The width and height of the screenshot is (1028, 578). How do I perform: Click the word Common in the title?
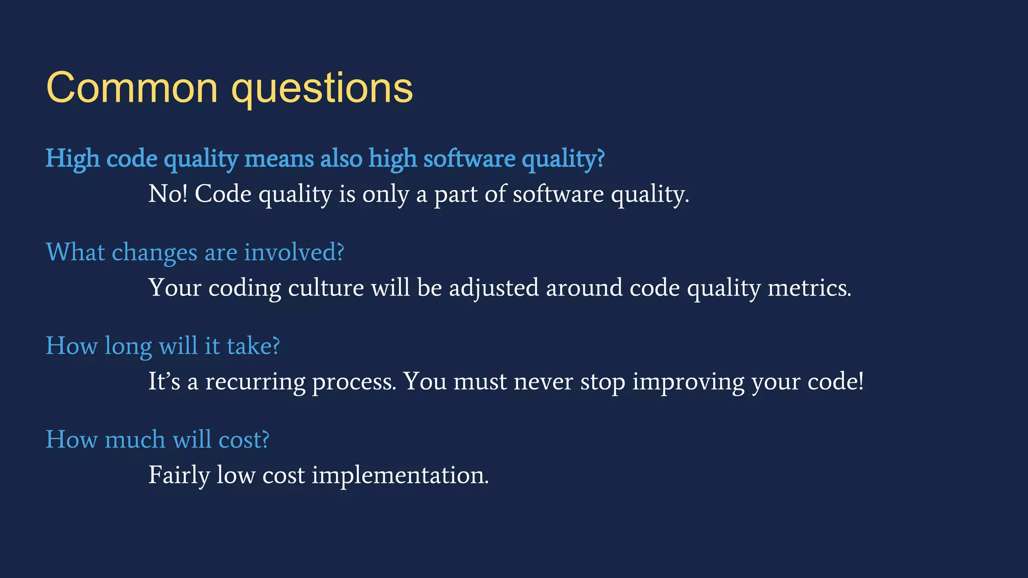[132, 88]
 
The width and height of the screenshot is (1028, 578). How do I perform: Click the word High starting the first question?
[73, 159]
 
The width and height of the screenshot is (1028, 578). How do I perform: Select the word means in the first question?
[279, 159]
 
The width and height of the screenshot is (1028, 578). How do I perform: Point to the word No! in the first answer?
[168, 194]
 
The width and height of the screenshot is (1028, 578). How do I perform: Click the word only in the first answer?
[385, 195]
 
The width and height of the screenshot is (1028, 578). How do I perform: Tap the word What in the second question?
[75, 252]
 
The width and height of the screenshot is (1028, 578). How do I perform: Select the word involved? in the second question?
[294, 252]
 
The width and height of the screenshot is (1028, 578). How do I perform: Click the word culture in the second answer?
[326, 288]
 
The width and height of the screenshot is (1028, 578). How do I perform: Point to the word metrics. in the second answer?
[809, 288]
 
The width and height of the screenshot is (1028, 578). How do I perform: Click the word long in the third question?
[128, 347]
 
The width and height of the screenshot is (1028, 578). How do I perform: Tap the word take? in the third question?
[253, 346]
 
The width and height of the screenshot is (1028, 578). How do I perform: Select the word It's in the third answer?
[164, 382]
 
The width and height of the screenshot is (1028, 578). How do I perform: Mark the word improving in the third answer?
[688, 383]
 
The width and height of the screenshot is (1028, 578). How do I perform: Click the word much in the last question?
[135, 440]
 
